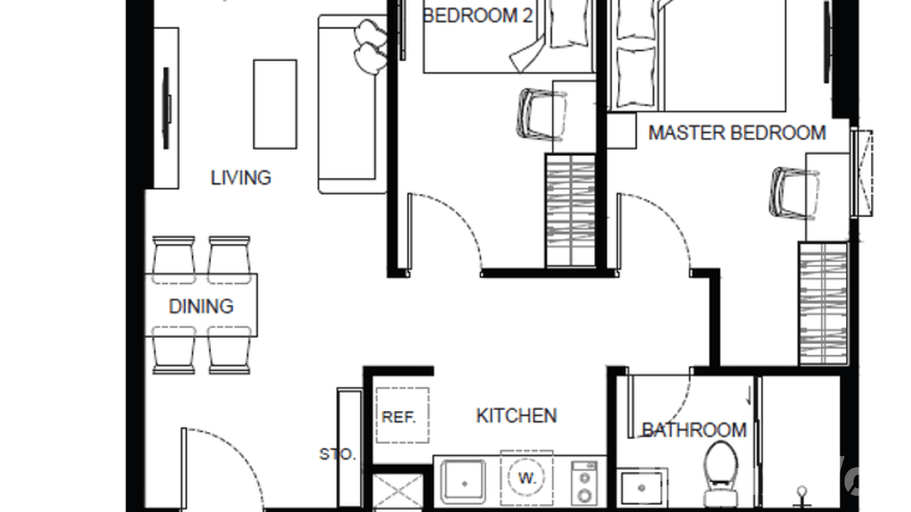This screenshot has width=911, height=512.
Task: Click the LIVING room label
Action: coord(241,178)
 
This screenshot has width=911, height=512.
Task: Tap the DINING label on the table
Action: coord(201,306)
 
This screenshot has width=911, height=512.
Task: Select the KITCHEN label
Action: coord(517,416)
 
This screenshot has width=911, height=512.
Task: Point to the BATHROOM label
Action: coord(694,430)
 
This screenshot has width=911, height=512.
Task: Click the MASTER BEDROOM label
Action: coord(737,132)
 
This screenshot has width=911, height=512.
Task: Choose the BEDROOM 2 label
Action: coord(478,16)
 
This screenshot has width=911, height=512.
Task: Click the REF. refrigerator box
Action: coord(402,416)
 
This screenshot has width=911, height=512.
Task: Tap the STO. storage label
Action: coord(337,454)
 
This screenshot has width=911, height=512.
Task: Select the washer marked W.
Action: coord(527,477)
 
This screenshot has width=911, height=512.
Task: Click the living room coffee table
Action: coord(275,104)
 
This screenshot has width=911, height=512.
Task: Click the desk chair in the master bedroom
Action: coord(792,194)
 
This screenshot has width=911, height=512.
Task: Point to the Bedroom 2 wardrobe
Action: coord(571,211)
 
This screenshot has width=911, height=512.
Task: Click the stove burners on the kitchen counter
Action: coord(583,483)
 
